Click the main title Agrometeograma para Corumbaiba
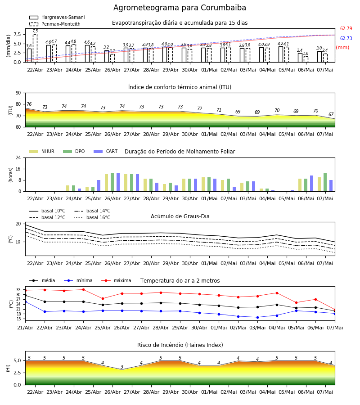click(x=180, y=8)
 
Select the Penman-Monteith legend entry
click(x=55, y=24)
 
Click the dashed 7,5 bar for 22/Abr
click(x=35, y=48)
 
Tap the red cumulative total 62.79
click(x=346, y=28)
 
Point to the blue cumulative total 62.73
click(x=346, y=38)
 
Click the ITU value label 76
click(x=29, y=104)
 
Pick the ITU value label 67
click(x=331, y=114)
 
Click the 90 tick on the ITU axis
click(x=18, y=93)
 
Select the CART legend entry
click(x=106, y=151)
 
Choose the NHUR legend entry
click(x=42, y=151)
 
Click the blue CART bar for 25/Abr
click(x=99, y=186)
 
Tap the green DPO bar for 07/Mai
click(x=325, y=182)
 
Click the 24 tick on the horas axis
click(x=18, y=157)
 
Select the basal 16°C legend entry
click(x=92, y=217)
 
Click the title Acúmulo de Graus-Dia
click(x=180, y=216)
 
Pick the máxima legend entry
click(x=116, y=280)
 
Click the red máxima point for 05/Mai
click(x=296, y=302)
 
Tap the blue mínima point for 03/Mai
click(x=257, y=317)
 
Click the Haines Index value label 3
click(x=122, y=367)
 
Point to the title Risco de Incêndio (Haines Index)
click(x=180, y=345)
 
